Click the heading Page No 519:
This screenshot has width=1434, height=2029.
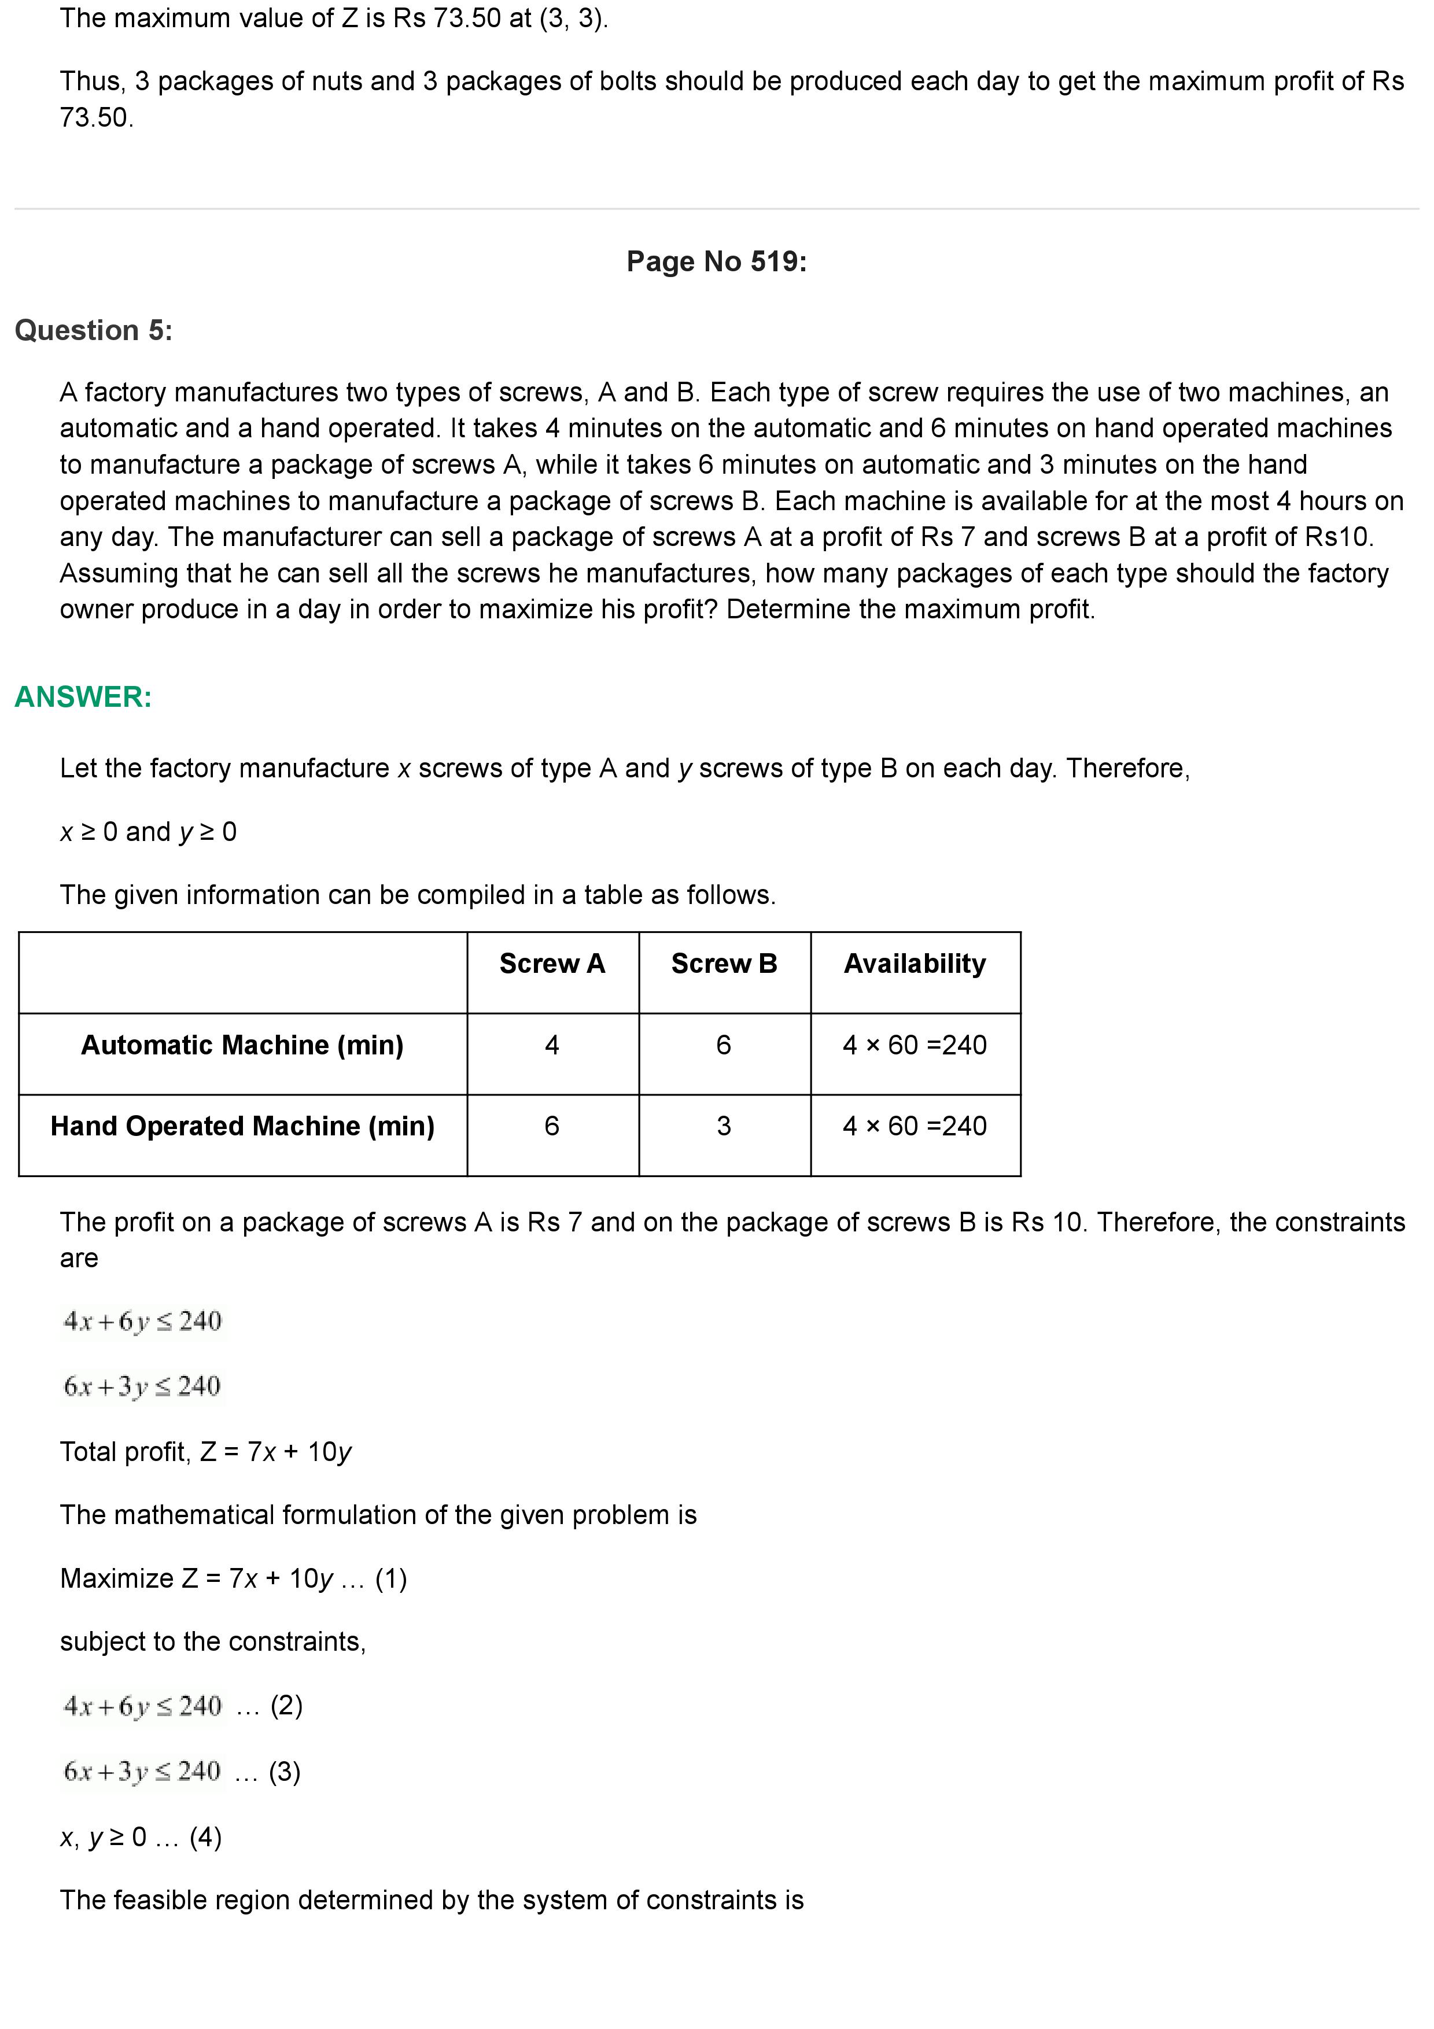[x=716, y=261]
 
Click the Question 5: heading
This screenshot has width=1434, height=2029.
[x=94, y=330]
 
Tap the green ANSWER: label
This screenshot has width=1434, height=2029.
[x=83, y=697]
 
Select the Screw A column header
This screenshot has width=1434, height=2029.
[x=552, y=963]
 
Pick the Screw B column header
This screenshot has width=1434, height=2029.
[x=724, y=963]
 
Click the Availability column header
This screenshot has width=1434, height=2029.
[x=915, y=963]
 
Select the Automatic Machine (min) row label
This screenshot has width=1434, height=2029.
[x=242, y=1045]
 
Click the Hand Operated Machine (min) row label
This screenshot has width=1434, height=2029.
[x=242, y=1127]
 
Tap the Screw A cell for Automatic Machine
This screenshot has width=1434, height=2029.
[x=552, y=1045]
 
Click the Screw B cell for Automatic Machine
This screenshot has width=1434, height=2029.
[x=724, y=1045]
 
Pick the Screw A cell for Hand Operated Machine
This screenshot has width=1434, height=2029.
[x=552, y=1127]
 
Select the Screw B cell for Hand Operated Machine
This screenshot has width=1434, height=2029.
[x=724, y=1127]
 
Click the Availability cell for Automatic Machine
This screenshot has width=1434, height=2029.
[x=915, y=1045]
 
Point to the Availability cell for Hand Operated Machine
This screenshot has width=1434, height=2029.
[x=915, y=1127]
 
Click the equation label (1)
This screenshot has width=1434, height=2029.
[x=390, y=1579]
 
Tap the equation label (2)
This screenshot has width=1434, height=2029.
[x=286, y=1706]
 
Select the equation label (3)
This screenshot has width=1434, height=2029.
[x=285, y=1772]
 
